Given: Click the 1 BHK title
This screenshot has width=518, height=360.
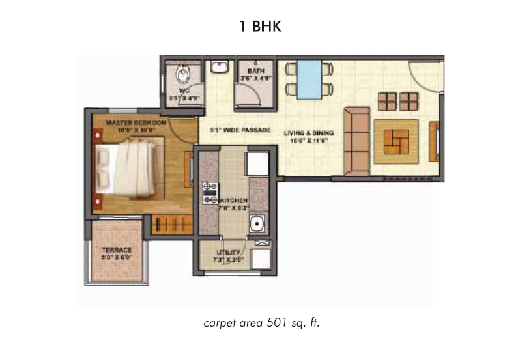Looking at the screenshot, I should [x=259, y=27].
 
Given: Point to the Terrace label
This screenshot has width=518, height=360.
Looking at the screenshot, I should [x=117, y=250].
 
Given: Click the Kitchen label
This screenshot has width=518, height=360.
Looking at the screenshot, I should [x=234, y=201].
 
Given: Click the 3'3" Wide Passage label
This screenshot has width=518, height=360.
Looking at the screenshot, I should [x=240, y=130].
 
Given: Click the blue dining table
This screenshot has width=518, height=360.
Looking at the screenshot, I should [x=309, y=79].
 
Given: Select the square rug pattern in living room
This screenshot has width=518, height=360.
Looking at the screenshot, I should [x=396, y=139].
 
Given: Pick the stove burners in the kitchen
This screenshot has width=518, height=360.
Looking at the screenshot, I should [x=210, y=193].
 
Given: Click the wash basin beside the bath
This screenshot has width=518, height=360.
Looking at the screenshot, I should [x=217, y=68].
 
